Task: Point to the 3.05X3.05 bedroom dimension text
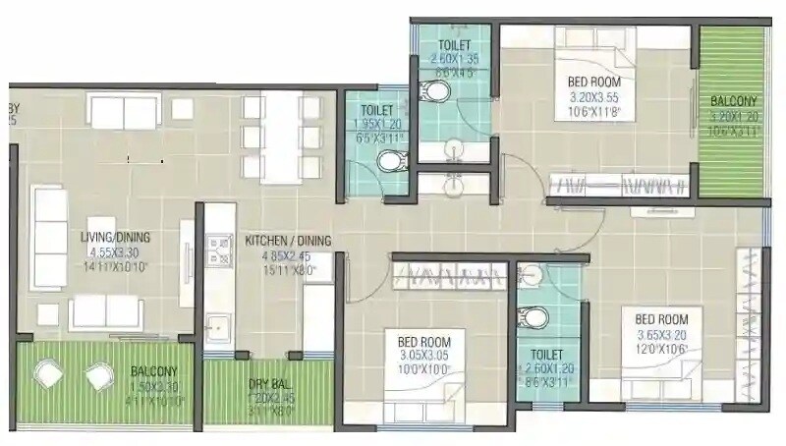click(x=423, y=356)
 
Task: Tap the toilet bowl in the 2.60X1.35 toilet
click(x=436, y=92)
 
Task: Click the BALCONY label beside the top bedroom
click(x=733, y=101)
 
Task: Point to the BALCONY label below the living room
click(x=154, y=371)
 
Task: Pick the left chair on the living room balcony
click(x=47, y=373)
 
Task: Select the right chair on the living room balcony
click(x=97, y=375)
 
